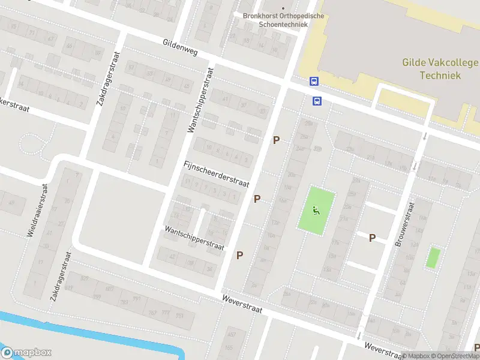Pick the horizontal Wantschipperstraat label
pyautogui.click(x=194, y=238)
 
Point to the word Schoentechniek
pyautogui.click(x=275, y=25)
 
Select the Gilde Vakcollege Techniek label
pyautogui.click(x=440, y=69)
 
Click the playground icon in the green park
pyautogui.click(x=316, y=209)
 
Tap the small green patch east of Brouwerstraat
pyautogui.click(x=433, y=257)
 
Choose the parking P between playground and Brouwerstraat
pyautogui.click(x=372, y=238)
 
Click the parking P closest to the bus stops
pyautogui.click(x=277, y=140)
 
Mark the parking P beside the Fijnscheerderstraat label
pyautogui.click(x=257, y=199)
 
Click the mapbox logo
pyautogui.click(x=26, y=353)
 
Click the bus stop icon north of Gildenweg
pyautogui.click(x=314, y=81)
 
